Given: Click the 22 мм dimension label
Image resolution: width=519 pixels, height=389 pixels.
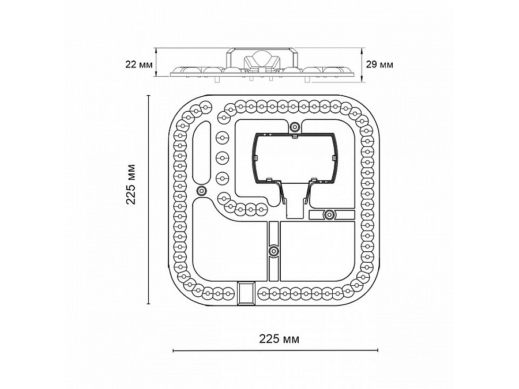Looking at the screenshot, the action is pos(139,64).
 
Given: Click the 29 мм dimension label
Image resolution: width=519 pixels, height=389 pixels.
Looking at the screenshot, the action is pos(379,64).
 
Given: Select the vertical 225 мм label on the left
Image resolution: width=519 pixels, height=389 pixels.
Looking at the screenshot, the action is pos(131,184).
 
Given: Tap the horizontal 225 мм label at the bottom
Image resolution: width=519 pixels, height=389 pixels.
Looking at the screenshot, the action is pos(279,339).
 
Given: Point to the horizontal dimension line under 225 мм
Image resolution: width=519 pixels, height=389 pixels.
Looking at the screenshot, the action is pos(276,350).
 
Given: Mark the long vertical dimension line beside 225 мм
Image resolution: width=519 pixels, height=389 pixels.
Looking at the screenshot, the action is pos(149,199).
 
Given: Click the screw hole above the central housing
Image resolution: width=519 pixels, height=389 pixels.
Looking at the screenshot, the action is pos(295,126).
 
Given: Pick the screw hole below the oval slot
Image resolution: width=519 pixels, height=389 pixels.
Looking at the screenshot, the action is pos(201,191).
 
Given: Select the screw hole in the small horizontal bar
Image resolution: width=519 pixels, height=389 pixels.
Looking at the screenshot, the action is pos(329,215).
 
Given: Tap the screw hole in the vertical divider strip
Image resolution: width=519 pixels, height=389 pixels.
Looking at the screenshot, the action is pos(273,251).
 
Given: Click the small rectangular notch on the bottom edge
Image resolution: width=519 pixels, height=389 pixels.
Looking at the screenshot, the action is pos(246,293).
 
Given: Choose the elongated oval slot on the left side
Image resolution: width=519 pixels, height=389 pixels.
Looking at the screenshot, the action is pos(202,152).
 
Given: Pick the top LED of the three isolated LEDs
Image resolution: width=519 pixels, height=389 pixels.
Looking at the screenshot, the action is pos(223,137).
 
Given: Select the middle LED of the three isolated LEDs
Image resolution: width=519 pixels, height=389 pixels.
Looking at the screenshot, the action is pos(223,158).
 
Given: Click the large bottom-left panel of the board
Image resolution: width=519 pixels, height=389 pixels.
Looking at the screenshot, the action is pos(230,245).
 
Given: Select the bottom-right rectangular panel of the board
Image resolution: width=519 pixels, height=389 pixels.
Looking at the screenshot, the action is pos(317,251).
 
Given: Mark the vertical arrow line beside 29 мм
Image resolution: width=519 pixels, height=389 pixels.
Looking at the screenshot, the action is pos(362,65).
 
